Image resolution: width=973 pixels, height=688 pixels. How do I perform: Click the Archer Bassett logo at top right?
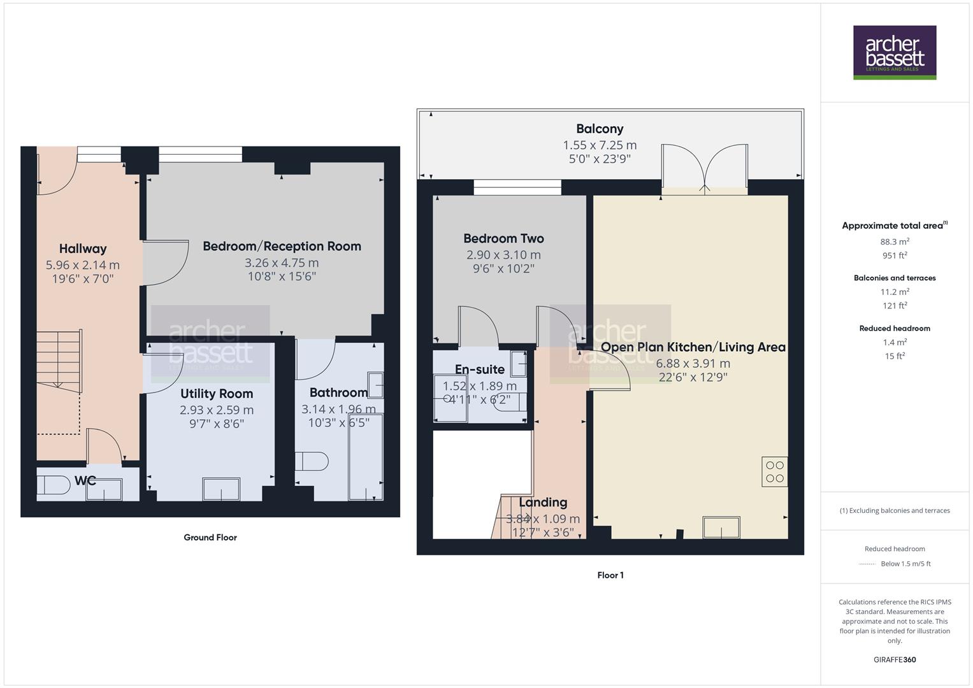pos(894,52)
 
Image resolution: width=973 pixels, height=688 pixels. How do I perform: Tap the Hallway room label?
pos(83,249)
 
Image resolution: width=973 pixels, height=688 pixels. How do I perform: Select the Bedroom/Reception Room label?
pos(282,247)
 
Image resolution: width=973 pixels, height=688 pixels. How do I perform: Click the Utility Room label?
pos(217,394)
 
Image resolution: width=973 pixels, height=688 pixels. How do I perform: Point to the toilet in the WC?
pos(54,485)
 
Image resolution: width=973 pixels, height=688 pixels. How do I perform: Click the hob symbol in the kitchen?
pos(774,472)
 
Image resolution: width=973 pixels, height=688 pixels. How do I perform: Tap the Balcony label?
pos(600,129)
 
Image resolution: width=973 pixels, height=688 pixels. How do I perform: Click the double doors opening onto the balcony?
pos(704,168)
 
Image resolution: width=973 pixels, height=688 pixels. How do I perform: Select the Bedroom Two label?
pos(503,239)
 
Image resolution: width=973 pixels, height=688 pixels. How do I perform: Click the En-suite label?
pos(480,369)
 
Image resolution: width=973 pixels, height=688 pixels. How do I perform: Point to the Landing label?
pos(543,503)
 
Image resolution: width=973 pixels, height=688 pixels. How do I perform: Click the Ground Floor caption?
pos(210,538)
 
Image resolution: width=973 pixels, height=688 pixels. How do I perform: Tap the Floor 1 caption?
pos(610,575)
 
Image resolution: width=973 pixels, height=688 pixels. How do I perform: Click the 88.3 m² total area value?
pos(895,241)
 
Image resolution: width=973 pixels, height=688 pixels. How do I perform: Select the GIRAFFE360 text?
pos(895,660)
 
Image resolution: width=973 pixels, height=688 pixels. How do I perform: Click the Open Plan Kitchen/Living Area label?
pos(693,347)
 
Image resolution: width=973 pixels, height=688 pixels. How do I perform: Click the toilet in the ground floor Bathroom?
pos(312,461)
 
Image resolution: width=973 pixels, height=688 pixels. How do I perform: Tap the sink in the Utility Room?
pos(221,489)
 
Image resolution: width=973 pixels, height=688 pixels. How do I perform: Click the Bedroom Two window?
pos(517,187)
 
